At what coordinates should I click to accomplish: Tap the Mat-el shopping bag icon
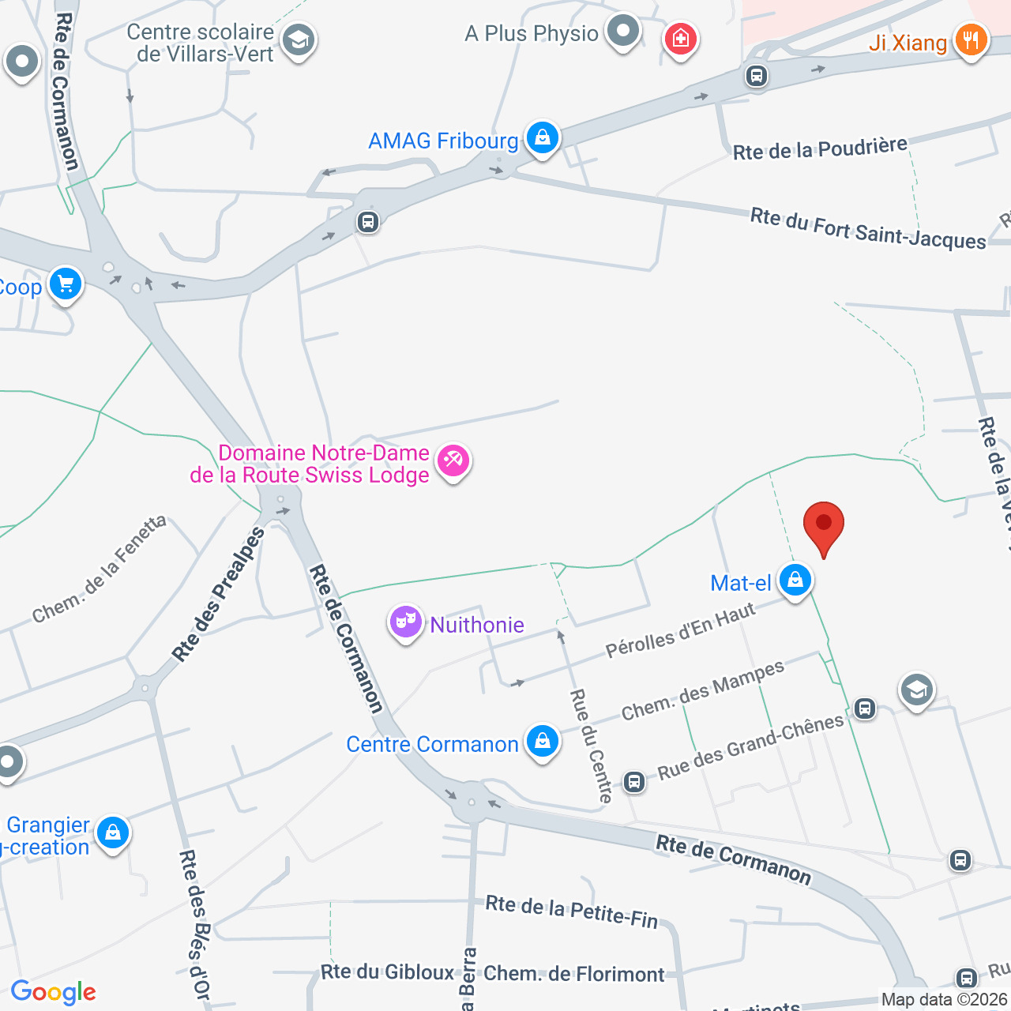(x=795, y=581)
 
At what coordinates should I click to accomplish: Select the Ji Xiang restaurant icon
(x=971, y=39)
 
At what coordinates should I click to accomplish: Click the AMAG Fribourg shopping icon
(x=543, y=138)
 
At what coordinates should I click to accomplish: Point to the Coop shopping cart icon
(x=66, y=284)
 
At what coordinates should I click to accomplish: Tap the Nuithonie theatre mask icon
(x=405, y=622)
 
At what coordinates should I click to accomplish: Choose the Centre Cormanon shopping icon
(x=543, y=742)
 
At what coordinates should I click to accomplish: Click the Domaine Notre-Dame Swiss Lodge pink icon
(x=453, y=460)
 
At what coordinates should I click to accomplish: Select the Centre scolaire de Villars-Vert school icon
(x=299, y=39)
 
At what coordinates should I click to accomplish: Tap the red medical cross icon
(x=680, y=38)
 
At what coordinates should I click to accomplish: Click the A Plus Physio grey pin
(x=623, y=32)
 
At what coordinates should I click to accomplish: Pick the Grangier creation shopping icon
(x=113, y=832)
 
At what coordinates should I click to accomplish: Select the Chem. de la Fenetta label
(x=100, y=569)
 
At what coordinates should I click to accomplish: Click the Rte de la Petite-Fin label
(x=571, y=911)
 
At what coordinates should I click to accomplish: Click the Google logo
(x=54, y=992)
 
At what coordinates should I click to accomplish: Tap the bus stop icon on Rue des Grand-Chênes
(x=865, y=708)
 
